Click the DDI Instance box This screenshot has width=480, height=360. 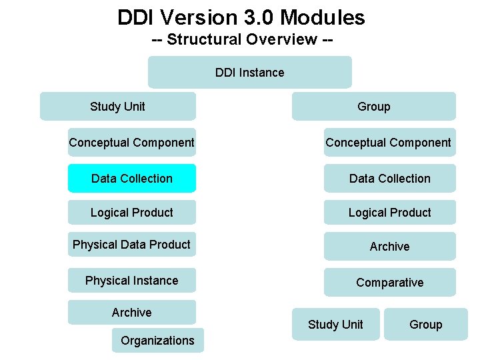249,72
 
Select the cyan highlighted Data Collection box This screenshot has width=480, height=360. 132,178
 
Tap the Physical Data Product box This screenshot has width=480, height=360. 132,245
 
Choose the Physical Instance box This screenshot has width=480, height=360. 132,281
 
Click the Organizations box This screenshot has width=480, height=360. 157,340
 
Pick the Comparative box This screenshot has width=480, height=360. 389,282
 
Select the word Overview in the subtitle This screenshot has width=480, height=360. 281,39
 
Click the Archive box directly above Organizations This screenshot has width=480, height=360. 132,312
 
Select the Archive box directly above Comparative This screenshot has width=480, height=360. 389,246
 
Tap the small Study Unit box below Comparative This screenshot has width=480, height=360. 335,325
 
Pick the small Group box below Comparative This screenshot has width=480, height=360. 425,325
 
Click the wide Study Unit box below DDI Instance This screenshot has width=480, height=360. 118,106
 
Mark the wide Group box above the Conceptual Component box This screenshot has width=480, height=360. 373,106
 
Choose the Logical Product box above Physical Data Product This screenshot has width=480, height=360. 132,212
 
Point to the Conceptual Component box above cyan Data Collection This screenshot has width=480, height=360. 132,142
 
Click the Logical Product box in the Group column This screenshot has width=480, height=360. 389,212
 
